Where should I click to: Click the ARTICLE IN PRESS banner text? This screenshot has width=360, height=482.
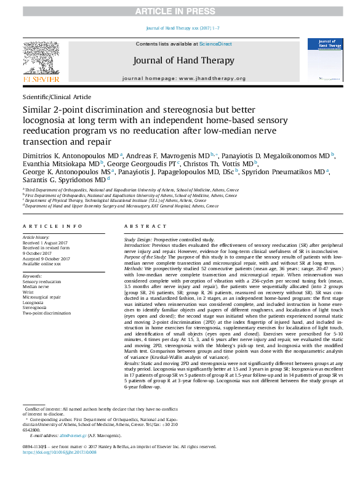coord(180,12)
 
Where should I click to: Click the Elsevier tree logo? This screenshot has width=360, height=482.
coord(41,60)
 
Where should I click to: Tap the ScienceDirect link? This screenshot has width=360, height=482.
coord(215,44)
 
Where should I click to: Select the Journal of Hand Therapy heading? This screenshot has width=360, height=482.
coord(183,60)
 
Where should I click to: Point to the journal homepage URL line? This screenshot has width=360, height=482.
coord(183,79)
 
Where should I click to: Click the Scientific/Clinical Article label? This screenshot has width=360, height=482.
coord(57,97)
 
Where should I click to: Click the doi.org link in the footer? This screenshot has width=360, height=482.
coord(60,452)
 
